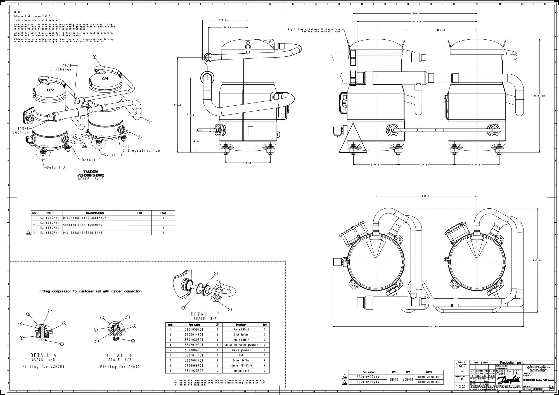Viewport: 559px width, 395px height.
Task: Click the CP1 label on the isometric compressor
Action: click(x=105, y=79)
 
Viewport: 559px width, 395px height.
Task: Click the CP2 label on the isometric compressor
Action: click(x=50, y=90)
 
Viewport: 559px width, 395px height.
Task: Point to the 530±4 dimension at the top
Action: click(x=415, y=13)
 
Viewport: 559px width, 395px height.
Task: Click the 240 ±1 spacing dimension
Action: click(x=425, y=165)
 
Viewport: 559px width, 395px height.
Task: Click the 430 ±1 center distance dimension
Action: click(x=427, y=196)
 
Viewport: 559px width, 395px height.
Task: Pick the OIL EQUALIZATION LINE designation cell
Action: click(x=83, y=233)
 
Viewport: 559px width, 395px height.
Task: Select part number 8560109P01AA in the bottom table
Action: click(x=368, y=377)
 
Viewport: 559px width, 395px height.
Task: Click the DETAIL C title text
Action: click(x=205, y=314)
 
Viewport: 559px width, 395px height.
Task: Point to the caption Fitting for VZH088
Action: click(x=43, y=367)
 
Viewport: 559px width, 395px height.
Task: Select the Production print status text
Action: click(x=511, y=362)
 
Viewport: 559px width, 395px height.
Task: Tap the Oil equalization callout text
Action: click(x=141, y=151)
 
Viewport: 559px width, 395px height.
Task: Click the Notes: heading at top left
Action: click(x=18, y=12)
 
